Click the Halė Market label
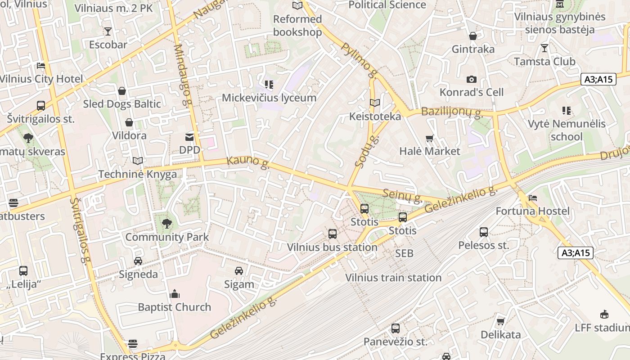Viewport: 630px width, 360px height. coord(430,151)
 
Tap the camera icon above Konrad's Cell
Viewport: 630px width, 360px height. coord(472,80)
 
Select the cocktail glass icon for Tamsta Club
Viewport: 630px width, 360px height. coord(544,48)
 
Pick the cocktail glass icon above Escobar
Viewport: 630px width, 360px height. coord(108,31)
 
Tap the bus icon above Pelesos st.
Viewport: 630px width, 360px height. coord(484,232)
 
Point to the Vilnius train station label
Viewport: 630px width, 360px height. coord(393,278)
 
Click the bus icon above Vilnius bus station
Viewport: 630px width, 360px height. coord(333,234)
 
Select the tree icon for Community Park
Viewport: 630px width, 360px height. coord(167,224)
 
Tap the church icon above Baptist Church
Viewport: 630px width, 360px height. coord(175,294)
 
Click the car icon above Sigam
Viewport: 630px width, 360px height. coord(239,271)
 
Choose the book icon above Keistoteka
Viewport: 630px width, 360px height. coord(375,103)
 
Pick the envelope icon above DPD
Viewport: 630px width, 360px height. coord(189,137)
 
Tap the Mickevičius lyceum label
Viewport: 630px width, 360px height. coord(269,98)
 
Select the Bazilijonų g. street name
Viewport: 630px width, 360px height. coord(452,112)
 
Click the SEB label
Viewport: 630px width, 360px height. coord(404,253)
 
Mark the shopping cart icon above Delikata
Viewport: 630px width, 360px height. coord(500,321)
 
